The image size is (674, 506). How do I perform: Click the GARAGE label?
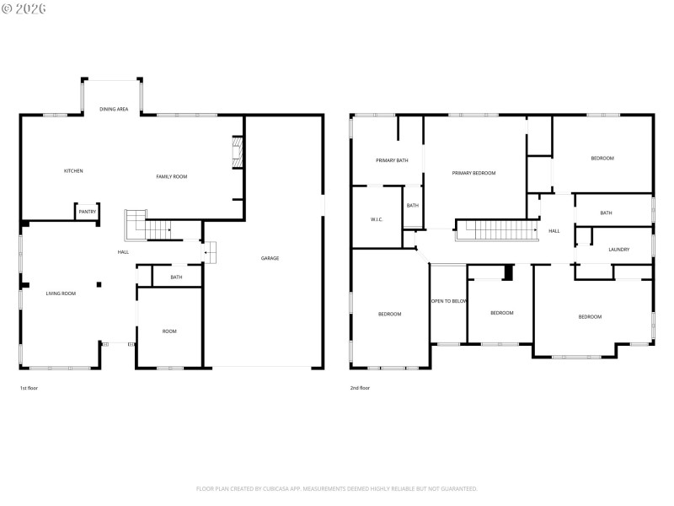coord(270,258)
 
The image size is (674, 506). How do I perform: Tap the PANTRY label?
coord(88,212)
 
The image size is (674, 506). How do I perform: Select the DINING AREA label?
coord(114,109)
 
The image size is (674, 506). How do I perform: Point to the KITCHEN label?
coord(73,171)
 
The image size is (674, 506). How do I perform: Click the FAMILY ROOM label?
coord(171,176)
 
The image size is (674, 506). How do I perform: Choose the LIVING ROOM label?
coord(61,293)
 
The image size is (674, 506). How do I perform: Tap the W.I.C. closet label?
coord(377,219)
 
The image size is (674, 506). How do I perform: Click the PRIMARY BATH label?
coord(392,159)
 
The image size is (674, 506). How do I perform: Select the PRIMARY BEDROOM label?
coord(473,173)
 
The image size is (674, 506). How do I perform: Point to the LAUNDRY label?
coord(619,250)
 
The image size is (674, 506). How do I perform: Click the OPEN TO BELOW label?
coord(449,301)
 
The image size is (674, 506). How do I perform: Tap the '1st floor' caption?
coord(29,388)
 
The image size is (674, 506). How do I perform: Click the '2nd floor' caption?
coord(360,388)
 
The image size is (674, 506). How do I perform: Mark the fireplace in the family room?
coord(237,154)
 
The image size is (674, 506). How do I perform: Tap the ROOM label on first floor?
coord(169,331)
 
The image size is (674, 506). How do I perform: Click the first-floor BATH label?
coord(176,277)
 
